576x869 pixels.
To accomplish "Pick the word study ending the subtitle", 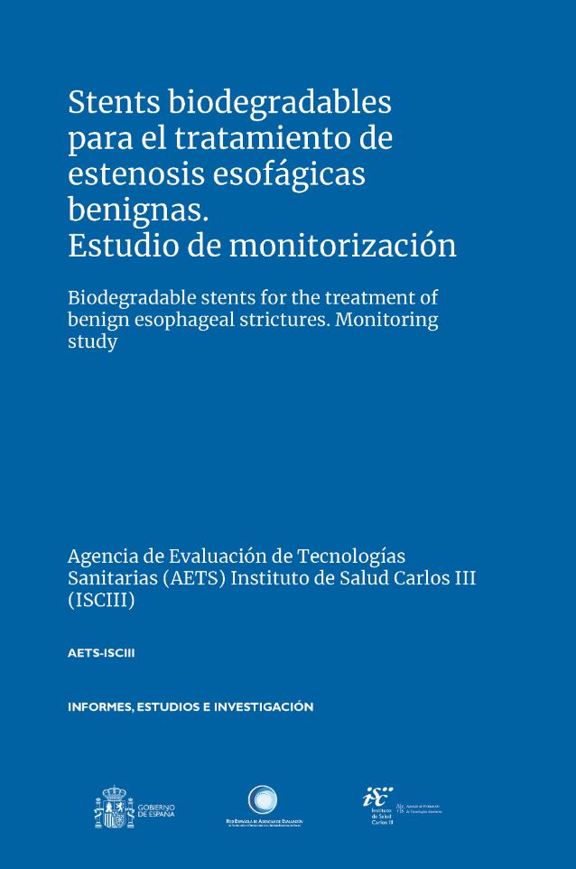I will (x=92, y=343).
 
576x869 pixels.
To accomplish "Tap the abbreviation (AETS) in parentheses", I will (x=193, y=578).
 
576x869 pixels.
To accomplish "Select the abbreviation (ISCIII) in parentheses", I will (x=101, y=601).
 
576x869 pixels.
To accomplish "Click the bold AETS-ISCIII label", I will (x=101, y=653).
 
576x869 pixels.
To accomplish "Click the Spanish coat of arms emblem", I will (x=113, y=808).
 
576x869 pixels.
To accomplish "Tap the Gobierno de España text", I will (x=156, y=809).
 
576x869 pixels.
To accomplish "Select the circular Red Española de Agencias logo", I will (x=263, y=800).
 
